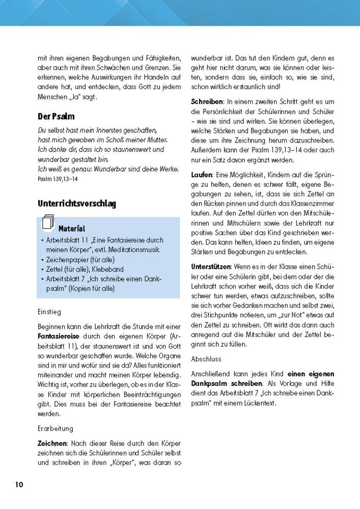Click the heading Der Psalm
[x=56, y=117]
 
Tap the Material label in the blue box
[x=72, y=229]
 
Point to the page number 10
[x=19, y=484]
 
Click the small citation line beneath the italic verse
[x=58, y=179]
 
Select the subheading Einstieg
[x=49, y=311]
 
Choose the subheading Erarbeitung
[x=56, y=429]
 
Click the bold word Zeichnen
[x=53, y=443]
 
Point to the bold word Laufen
[x=201, y=175]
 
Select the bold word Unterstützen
[x=211, y=266]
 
